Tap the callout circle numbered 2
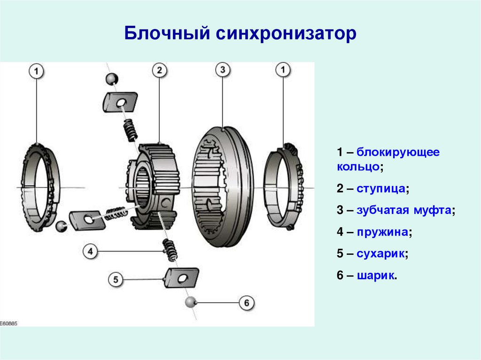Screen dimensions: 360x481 (159, 70)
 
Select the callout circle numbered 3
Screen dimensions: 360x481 (223, 70)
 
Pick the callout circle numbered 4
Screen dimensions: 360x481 (91, 252)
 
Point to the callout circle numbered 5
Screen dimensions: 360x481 (116, 280)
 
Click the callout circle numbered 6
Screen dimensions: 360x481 (247, 303)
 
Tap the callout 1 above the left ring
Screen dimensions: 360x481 (37, 72)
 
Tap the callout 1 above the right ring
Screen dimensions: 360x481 (283, 70)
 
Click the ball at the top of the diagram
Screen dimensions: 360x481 (111, 78)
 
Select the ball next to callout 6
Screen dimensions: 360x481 (190, 302)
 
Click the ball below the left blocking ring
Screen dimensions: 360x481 (61, 226)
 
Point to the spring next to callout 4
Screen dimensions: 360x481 (170, 249)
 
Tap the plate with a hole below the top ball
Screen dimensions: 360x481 (120, 101)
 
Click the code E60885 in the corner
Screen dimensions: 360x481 (9, 323)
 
